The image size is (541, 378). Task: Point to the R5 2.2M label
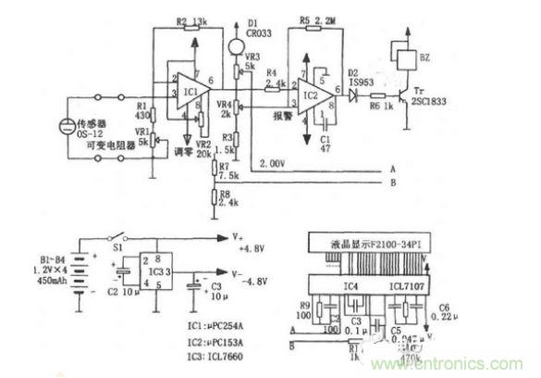coord(318,19)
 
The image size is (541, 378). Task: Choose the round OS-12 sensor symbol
coord(68,127)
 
